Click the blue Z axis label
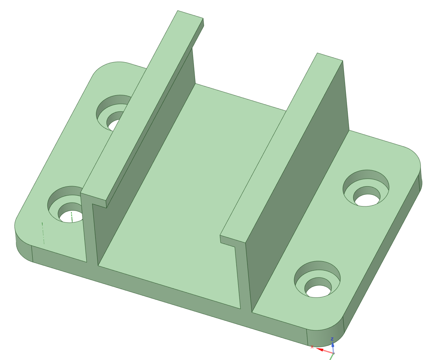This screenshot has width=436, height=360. pos(332,339)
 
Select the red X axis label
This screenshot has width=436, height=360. pos(312,347)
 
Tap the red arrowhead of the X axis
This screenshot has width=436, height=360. pos(320,350)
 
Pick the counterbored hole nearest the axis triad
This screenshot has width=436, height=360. pos(317,280)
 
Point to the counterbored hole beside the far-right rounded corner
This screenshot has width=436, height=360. pos(366,188)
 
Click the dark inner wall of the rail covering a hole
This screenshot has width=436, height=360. pos(148,156)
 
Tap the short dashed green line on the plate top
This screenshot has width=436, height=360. pos(43,233)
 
